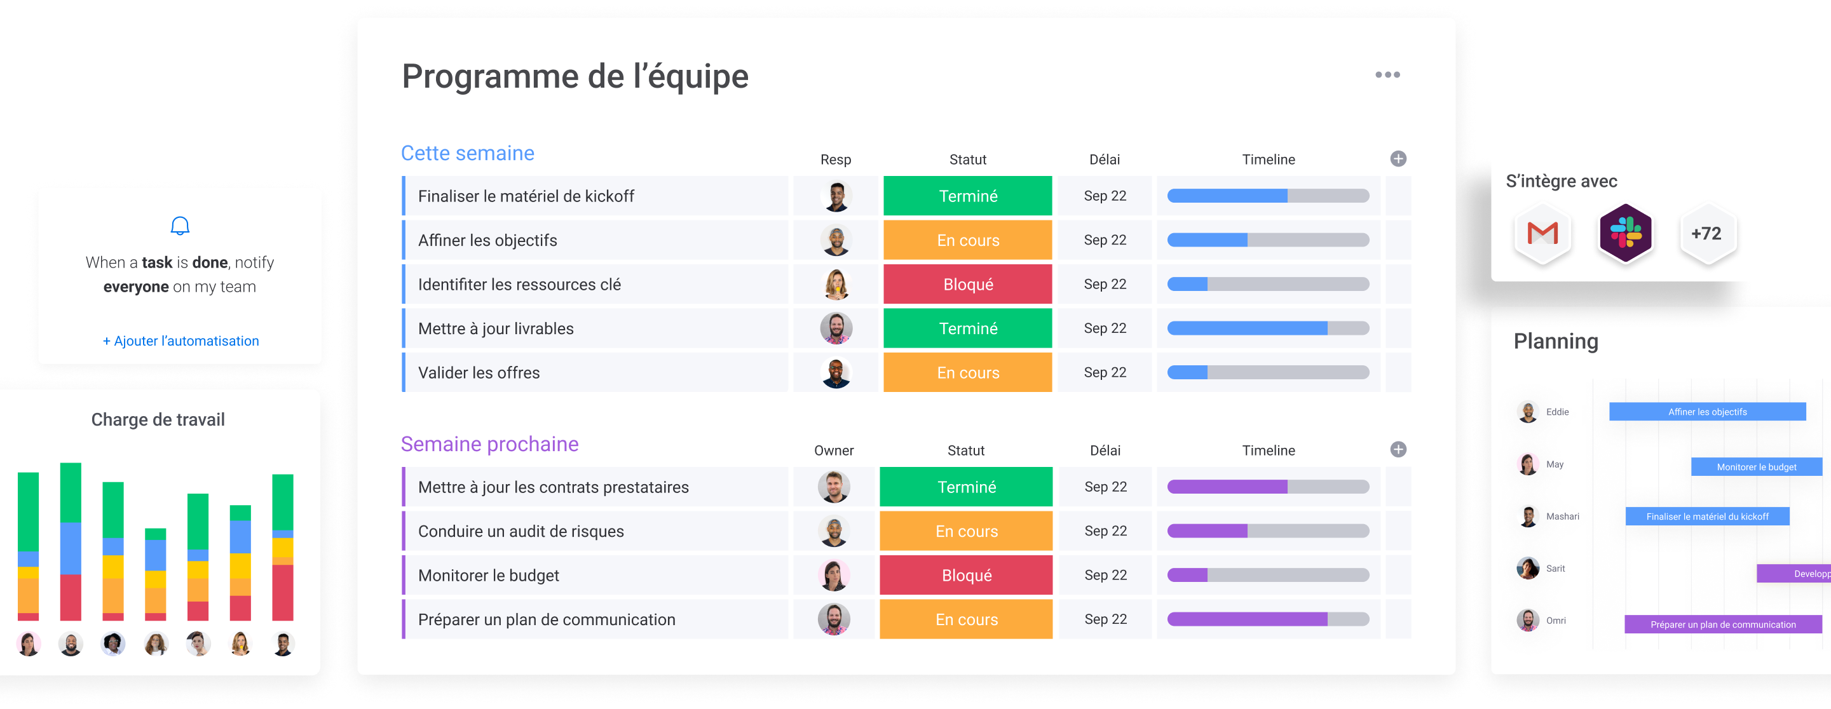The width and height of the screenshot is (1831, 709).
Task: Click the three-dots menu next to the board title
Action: (1387, 74)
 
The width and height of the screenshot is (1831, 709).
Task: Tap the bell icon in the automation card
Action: (180, 226)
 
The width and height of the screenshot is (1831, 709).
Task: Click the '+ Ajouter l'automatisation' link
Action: (181, 341)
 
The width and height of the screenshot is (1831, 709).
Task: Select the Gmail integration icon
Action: (1542, 234)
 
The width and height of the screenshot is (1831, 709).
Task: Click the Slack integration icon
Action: (1625, 234)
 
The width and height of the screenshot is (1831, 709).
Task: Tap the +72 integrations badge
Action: (1706, 234)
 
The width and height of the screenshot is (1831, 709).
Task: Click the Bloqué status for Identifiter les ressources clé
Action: (967, 284)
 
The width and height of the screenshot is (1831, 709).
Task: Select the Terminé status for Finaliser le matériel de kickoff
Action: (967, 196)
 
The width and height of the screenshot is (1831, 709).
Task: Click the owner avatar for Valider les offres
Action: (836, 373)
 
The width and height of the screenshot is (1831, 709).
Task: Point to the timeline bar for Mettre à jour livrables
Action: (1267, 328)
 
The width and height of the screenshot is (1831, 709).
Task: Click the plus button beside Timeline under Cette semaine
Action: (1398, 159)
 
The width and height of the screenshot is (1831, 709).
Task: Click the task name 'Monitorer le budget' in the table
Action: (488, 576)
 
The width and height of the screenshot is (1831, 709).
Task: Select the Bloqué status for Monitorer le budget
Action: (966, 576)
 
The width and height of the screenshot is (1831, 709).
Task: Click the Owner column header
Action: (834, 450)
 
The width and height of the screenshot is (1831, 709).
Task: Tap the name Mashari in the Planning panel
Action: (1562, 517)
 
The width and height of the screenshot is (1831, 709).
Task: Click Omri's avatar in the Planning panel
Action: (1527, 620)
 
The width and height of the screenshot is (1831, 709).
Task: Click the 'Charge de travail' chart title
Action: (158, 420)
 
